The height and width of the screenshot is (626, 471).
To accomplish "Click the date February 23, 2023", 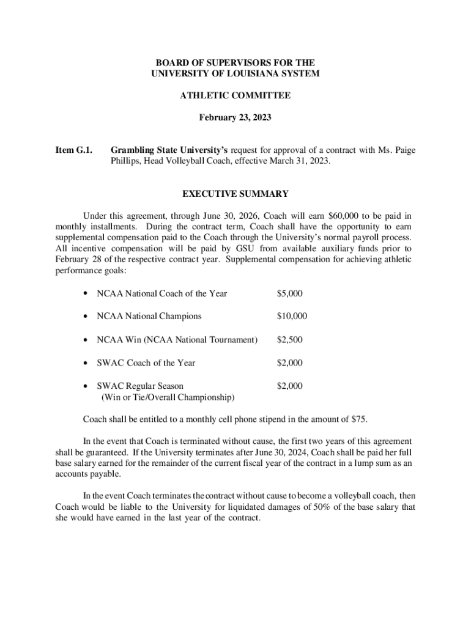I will (x=235, y=117).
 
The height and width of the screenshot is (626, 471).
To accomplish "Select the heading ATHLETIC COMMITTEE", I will (x=235, y=95).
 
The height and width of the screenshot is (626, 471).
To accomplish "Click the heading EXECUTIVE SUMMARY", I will (x=235, y=194).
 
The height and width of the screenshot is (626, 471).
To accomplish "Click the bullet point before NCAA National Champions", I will (x=85, y=317).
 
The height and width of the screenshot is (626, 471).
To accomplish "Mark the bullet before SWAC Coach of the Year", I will (x=85, y=363).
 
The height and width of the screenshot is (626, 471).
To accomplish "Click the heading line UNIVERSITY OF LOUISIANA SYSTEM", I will (x=235, y=73).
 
